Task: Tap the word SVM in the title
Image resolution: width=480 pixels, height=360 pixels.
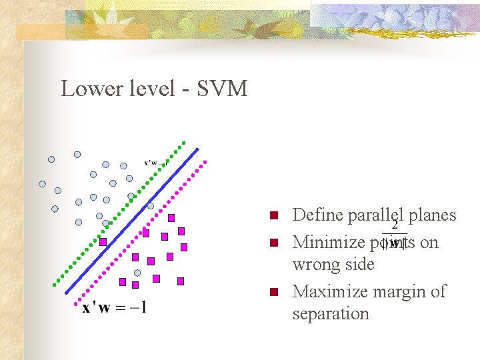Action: pos(222,88)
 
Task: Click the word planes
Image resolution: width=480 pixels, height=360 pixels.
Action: pos(432,215)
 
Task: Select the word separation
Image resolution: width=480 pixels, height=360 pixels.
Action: pos(331,313)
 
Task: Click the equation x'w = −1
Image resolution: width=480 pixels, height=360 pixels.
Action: pos(115,308)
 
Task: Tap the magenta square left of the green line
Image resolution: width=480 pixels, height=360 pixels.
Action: pos(103,241)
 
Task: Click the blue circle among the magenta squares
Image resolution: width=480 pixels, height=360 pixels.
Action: pos(137,273)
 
